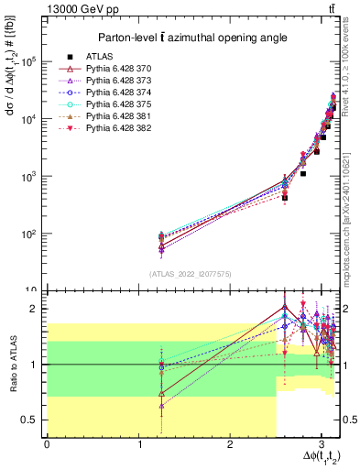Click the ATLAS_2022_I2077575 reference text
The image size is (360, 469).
[x=190, y=274]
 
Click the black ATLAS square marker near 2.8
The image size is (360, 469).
[x=303, y=172]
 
